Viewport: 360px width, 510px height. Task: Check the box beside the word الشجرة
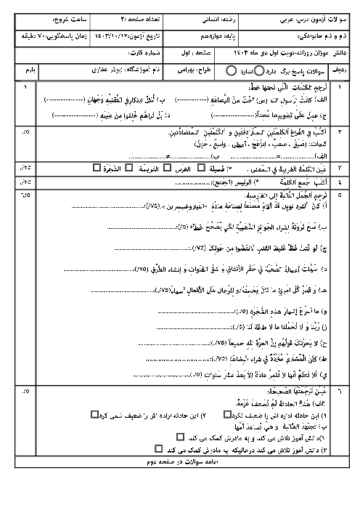pyautogui.click(x=97, y=168)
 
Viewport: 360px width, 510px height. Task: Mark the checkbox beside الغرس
pyautogui.click(x=166, y=168)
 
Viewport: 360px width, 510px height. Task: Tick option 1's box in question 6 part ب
pyautogui.click(x=180, y=438)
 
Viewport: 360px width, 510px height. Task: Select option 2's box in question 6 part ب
pyautogui.click(x=158, y=449)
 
